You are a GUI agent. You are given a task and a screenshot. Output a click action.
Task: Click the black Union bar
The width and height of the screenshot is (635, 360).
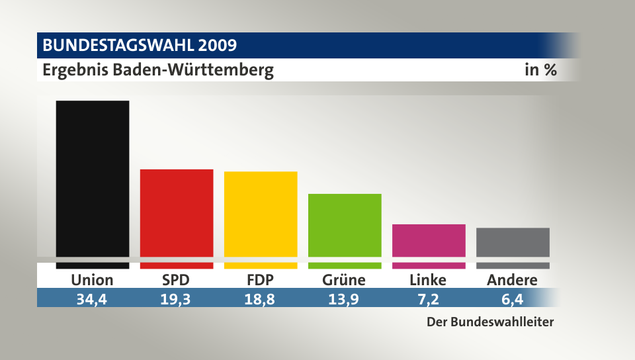pyautogui.click(x=93, y=179)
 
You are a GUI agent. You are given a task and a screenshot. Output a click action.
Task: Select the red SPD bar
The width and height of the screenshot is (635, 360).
pyautogui.click(x=177, y=213)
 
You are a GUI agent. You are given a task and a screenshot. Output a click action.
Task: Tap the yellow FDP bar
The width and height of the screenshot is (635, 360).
pyautogui.click(x=261, y=214)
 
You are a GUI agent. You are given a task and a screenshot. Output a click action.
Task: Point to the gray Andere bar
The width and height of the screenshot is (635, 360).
pyautogui.click(x=513, y=242)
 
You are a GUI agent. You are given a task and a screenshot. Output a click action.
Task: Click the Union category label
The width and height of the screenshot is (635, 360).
pyautogui.click(x=93, y=280)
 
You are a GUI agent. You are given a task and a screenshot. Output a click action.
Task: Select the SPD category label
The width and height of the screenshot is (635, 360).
pyautogui.click(x=177, y=280)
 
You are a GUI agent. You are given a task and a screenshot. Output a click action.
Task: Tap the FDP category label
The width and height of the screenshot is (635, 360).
pyautogui.click(x=261, y=280)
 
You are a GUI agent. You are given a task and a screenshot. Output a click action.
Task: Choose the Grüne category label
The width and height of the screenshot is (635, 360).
pyautogui.click(x=344, y=280)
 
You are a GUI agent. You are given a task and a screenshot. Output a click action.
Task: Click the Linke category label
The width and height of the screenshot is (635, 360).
pyautogui.click(x=428, y=280)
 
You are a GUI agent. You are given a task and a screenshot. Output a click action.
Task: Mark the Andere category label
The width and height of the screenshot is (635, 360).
pyautogui.click(x=512, y=280)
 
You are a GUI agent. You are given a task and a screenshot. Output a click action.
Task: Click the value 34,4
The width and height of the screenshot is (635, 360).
pyautogui.click(x=93, y=298)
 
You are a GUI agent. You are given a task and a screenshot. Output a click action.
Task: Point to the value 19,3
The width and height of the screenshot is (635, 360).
pyautogui.click(x=177, y=298)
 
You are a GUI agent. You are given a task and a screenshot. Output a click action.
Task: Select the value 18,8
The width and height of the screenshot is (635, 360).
pyautogui.click(x=261, y=298)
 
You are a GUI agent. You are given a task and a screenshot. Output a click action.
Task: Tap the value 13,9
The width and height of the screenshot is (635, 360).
pyautogui.click(x=344, y=298)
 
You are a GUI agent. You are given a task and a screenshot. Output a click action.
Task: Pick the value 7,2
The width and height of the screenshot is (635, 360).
pyautogui.click(x=428, y=298)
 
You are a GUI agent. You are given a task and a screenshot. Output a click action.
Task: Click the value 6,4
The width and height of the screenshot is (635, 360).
pyautogui.click(x=512, y=298)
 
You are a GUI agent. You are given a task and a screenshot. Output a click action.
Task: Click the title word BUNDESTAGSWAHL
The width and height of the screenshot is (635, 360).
pyautogui.click(x=118, y=46)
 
